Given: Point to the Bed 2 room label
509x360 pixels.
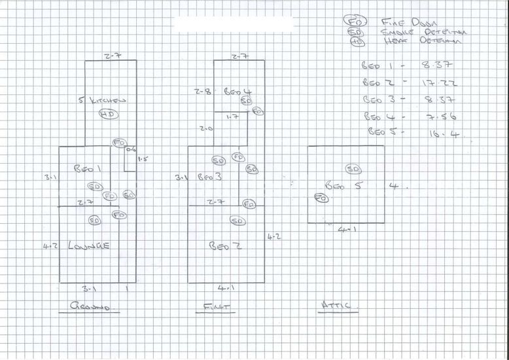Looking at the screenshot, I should coord(222,245).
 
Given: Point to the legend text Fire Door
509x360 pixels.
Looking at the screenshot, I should coord(402,22).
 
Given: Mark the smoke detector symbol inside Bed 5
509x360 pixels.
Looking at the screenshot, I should coord(353,170).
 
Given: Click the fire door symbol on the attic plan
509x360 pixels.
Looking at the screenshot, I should coord(320,197).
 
